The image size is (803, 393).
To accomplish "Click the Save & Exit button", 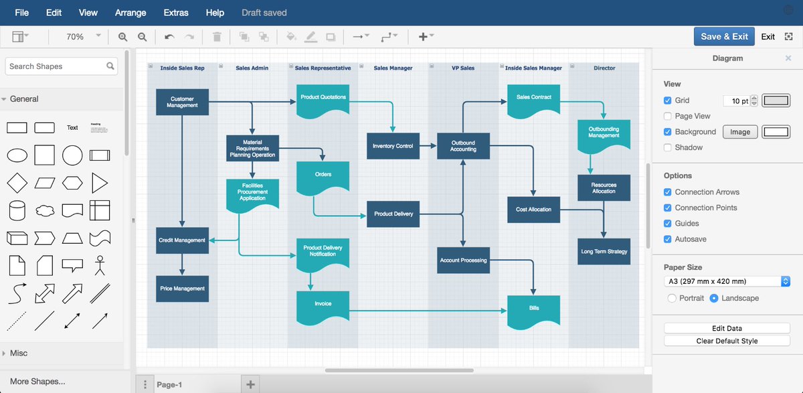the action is pos(725,37).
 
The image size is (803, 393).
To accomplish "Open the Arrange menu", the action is pos(131,13).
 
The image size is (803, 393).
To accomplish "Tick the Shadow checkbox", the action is pos(668,147).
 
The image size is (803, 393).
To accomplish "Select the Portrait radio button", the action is pos(672,298).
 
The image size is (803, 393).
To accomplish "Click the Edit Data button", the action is pos(727,328).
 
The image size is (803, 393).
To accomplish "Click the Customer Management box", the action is pos(182,102).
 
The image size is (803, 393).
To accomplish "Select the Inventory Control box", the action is pos(393,146).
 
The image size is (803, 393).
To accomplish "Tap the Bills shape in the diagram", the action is pos(533,309).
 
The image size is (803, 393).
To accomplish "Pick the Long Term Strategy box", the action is pos(604,252).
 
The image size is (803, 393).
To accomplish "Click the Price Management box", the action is pos(182,289).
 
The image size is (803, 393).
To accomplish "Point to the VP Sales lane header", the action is pos(463,68).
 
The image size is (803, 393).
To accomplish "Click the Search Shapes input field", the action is pos(56,66).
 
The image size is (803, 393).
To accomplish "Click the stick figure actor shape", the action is pos(100,265).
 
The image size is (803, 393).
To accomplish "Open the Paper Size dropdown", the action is pos(727,281).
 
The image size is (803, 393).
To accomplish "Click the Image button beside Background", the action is pos(739,132).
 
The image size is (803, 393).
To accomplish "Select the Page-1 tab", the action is pos(169,384).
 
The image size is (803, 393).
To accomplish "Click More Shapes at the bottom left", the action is pos(37,382).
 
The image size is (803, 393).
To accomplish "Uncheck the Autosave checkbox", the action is pos(668,239).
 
